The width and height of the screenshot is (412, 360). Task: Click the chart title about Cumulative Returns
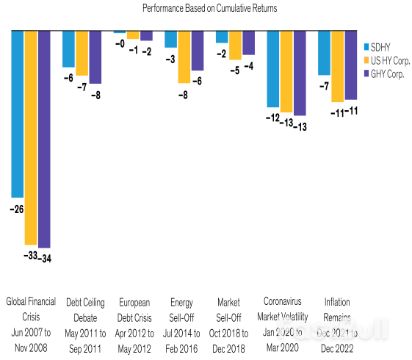click(206, 7)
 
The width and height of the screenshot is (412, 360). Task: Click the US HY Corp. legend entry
click(386, 60)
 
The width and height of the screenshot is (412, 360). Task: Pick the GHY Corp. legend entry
click(383, 73)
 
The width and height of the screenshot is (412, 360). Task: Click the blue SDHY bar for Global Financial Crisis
click(18, 114)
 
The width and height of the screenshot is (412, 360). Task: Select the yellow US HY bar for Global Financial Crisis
click(31, 137)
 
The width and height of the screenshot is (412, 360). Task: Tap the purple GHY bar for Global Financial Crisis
click(44, 139)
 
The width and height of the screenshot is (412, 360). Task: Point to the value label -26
click(17, 209)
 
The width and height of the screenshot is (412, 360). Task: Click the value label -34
click(45, 257)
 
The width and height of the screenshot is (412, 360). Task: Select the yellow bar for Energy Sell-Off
click(184, 57)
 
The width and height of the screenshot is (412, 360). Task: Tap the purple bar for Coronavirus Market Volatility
click(300, 73)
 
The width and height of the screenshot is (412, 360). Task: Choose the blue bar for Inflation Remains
click(324, 53)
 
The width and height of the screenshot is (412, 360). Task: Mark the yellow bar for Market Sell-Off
click(235, 46)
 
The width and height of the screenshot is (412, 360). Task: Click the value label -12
click(272, 118)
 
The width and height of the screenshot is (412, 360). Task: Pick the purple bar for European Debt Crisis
click(146, 36)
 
